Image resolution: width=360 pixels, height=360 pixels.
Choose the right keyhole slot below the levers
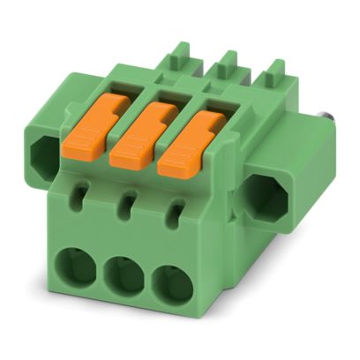click(176, 210)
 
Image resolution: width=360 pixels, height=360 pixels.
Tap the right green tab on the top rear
click(274, 73)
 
